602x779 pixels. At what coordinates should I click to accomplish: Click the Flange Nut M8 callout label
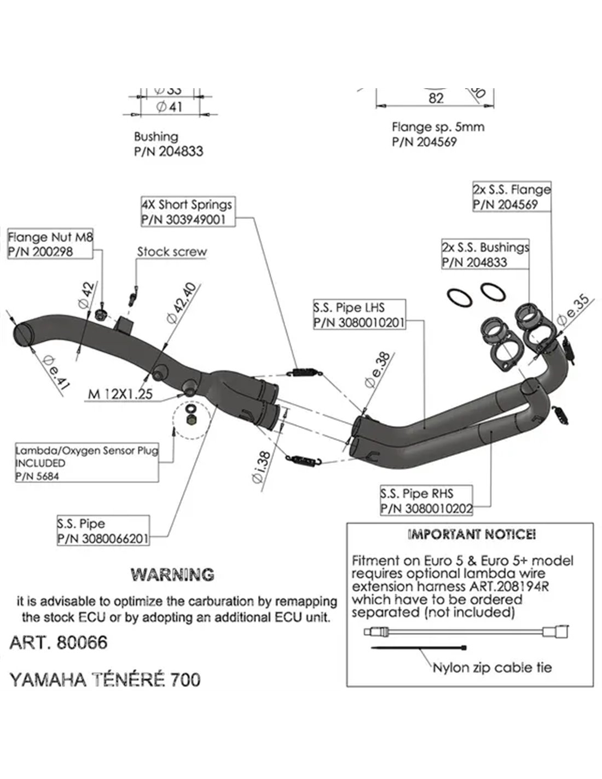point(50,244)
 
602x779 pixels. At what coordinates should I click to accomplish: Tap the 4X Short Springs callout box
point(187,212)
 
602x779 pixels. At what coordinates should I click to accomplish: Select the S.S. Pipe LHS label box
point(359,314)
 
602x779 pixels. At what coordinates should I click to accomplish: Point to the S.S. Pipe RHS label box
point(426,501)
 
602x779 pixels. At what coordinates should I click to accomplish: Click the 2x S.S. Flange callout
point(511,197)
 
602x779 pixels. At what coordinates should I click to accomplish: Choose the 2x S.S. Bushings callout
point(485,255)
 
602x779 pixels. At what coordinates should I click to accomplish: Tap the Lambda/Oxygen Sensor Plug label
point(86,463)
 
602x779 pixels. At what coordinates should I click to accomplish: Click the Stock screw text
point(172,252)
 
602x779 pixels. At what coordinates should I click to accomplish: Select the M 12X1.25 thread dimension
point(120,393)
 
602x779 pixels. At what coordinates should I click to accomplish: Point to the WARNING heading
point(172,575)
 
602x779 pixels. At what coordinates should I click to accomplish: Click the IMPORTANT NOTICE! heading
point(472,534)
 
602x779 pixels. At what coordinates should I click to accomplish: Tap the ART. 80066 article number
point(59,642)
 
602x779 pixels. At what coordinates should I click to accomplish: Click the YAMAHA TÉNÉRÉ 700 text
point(105,680)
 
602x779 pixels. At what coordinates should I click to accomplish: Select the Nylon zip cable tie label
point(492,668)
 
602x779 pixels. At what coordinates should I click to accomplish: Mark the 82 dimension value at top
point(436,98)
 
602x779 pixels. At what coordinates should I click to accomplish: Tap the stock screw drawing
point(132,297)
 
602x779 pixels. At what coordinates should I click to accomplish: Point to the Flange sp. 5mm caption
point(438,127)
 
